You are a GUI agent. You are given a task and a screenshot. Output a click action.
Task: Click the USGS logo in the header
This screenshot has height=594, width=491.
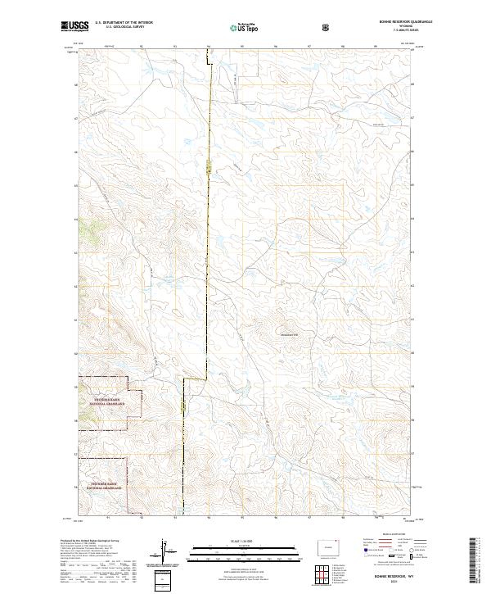[x=74, y=26]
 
